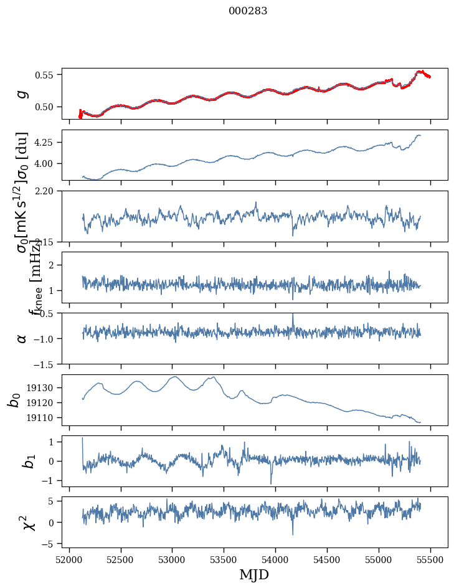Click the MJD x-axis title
254,574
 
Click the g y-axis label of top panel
22,93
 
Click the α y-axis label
22,338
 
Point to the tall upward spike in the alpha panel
293,315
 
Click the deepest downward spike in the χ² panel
293,534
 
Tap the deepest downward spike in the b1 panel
271,483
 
